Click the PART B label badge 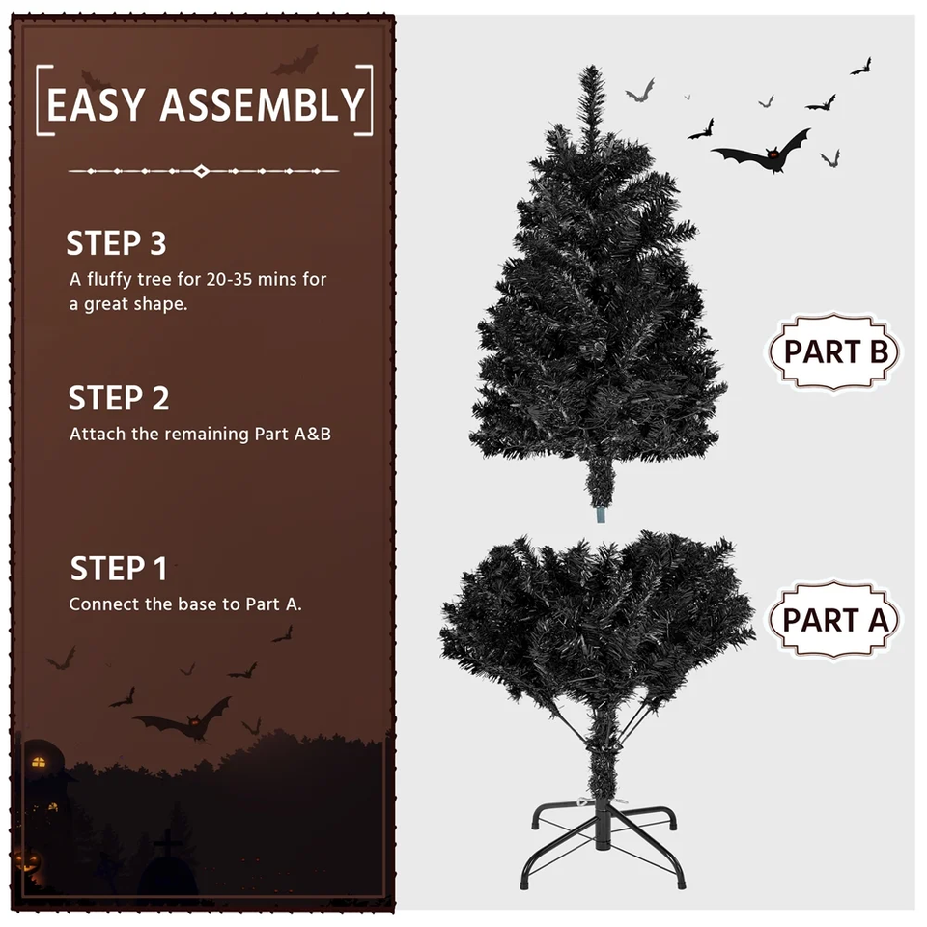(x=833, y=351)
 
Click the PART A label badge (x=833, y=620)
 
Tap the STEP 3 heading (x=117, y=243)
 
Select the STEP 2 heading (x=119, y=398)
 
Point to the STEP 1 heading (x=119, y=568)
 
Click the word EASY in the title (x=97, y=104)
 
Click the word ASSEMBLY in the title (x=263, y=104)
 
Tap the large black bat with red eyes (x=763, y=152)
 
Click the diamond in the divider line (x=202, y=171)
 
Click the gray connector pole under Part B (x=601, y=515)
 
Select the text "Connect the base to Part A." (x=185, y=604)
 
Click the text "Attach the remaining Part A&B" (x=200, y=434)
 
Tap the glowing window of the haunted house (x=39, y=762)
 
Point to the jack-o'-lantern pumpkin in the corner (x=27, y=860)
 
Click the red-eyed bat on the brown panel (x=183, y=717)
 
